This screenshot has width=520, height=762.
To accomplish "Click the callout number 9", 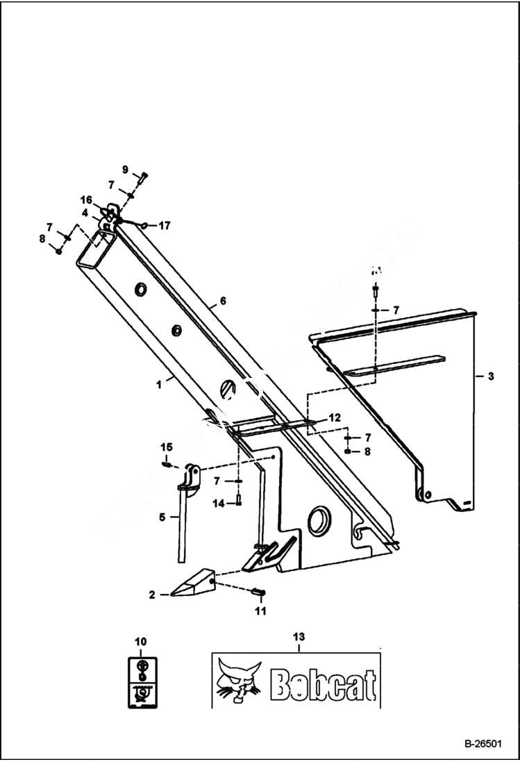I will point(126,169).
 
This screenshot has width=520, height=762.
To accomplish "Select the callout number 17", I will point(164,225).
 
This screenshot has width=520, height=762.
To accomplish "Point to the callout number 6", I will point(223,301).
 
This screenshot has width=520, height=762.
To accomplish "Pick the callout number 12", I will point(335,417).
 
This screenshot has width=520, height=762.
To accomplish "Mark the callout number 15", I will point(167,446).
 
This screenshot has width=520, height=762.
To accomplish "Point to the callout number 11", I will point(260,611).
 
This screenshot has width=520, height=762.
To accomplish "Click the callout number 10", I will point(141,640).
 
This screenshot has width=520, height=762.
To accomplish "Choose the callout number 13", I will point(299,636).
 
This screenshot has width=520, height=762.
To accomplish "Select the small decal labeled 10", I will point(141,683).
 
